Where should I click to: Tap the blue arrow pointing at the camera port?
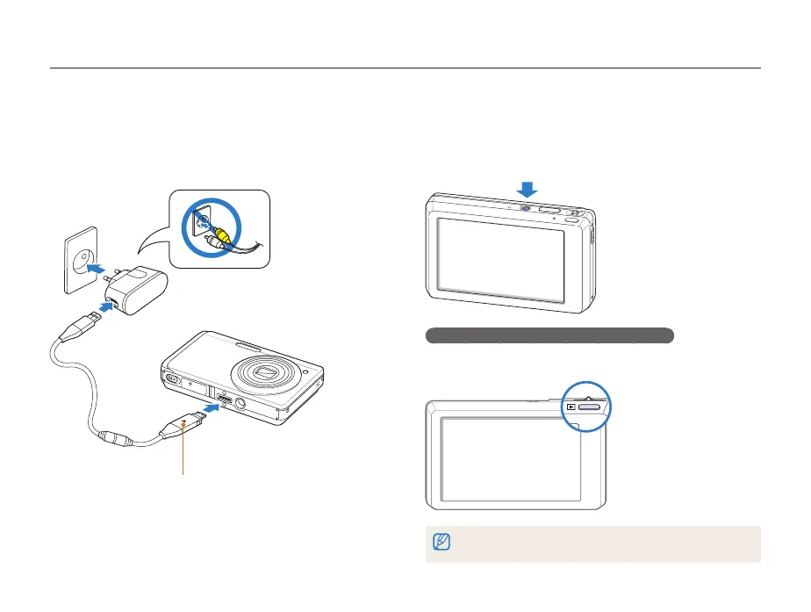pos(212,407)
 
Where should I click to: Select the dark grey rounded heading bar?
pos(549,335)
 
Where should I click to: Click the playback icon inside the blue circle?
pos(571,407)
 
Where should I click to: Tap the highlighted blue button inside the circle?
pos(591,407)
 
